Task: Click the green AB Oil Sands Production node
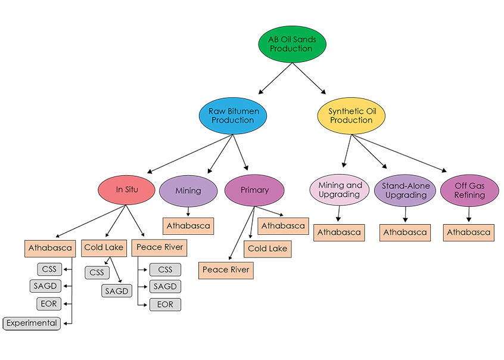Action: click(291, 44)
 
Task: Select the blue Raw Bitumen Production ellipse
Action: click(232, 115)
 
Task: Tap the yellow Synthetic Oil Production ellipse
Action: click(351, 115)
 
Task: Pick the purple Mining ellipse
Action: click(188, 191)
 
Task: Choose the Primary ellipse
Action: click(254, 191)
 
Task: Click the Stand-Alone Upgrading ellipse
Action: click(406, 190)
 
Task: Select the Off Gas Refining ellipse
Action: click(469, 190)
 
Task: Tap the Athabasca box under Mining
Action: click(188, 226)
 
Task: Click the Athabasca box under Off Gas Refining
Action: click(469, 232)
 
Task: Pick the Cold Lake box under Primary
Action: click(267, 249)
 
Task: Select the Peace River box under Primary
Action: click(225, 270)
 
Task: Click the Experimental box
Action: click(32, 323)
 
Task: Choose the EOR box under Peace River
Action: click(165, 305)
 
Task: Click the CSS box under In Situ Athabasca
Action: click(46, 269)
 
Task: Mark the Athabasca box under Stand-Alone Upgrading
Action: click(405, 232)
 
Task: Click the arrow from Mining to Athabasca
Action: click(188, 212)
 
